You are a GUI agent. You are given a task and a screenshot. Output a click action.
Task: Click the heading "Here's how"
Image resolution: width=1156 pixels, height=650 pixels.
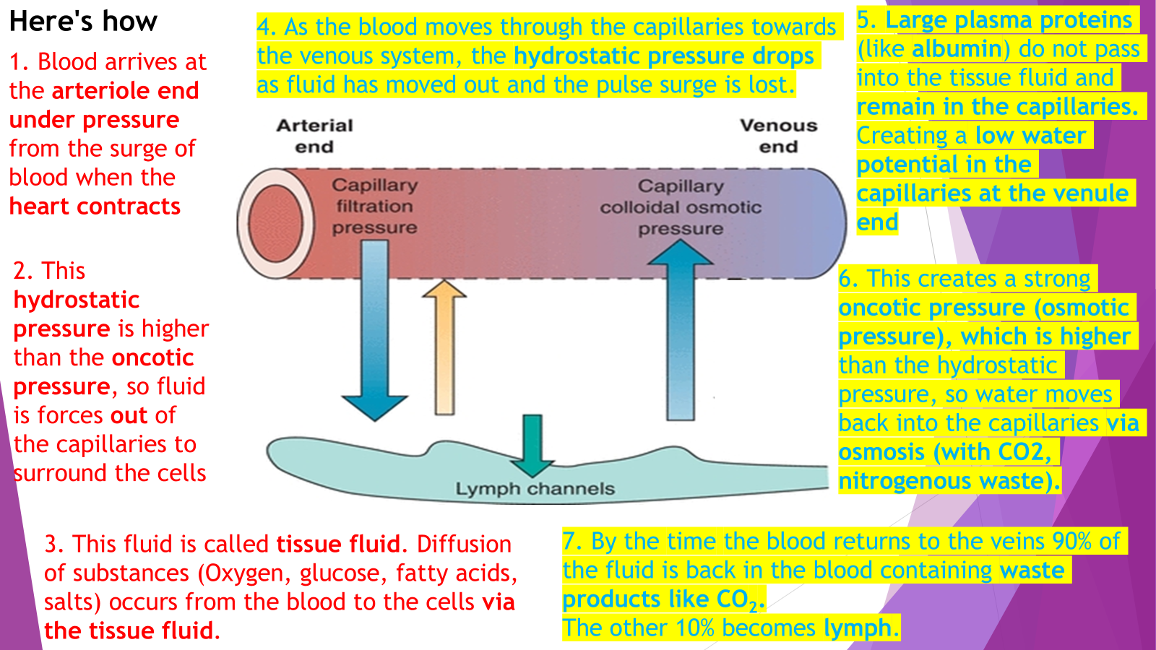pyautogui.click(x=83, y=22)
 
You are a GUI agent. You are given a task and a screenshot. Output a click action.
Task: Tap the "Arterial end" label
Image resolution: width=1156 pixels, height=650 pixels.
pyautogui.click(x=314, y=136)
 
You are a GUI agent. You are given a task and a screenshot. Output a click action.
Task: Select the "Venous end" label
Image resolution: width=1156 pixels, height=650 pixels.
pyautogui.click(x=778, y=136)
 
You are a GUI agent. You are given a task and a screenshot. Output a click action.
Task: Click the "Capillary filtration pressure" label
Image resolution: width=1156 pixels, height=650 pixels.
pyautogui.click(x=374, y=207)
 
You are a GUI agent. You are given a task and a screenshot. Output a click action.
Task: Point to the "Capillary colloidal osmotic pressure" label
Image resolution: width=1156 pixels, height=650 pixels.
pyautogui.click(x=681, y=207)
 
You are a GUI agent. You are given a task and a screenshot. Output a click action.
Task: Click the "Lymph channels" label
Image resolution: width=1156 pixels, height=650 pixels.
pyautogui.click(x=535, y=489)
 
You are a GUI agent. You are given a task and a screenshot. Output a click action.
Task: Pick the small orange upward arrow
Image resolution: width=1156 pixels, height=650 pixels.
pyautogui.click(x=444, y=347)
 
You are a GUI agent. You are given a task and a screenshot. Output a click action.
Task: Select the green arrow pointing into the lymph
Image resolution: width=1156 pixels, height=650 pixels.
pyautogui.click(x=532, y=443)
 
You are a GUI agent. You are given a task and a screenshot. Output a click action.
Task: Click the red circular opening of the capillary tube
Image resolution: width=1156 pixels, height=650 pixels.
pyautogui.click(x=274, y=222)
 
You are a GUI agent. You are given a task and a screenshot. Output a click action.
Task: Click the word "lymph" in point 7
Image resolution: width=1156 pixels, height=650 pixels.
pyautogui.click(x=858, y=628)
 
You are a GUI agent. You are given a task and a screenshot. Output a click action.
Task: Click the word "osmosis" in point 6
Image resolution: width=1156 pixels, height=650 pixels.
pyautogui.click(x=881, y=452)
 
